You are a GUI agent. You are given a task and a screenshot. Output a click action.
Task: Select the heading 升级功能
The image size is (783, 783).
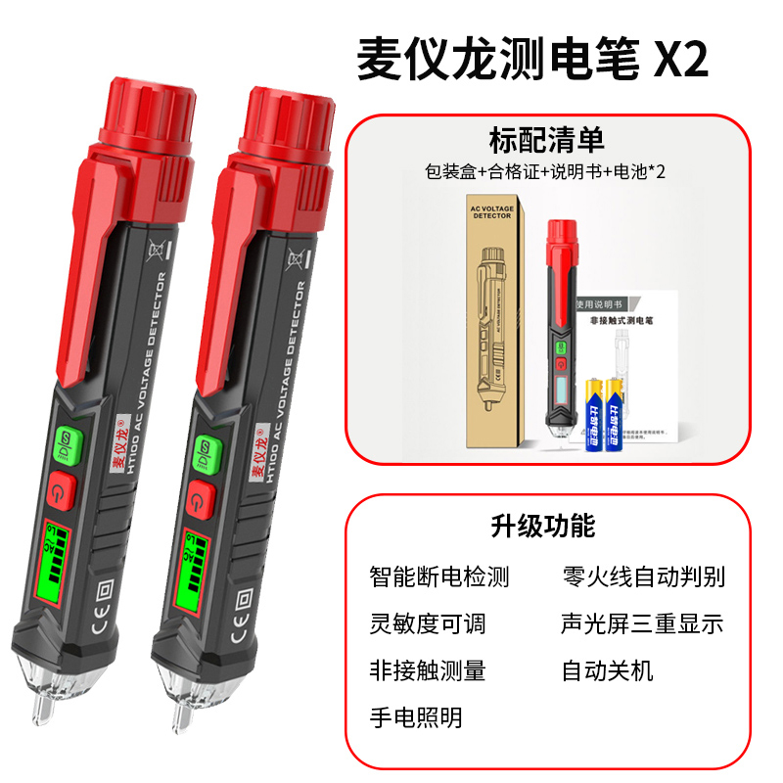(542, 526)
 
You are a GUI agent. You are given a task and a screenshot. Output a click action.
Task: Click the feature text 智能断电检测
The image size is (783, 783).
(439, 576)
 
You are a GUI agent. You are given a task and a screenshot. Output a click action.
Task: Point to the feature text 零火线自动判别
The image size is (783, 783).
(643, 576)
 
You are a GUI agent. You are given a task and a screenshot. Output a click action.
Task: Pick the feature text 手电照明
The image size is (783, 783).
(415, 717)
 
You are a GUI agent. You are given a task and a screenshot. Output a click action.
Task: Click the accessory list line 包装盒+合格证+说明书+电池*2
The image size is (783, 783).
(546, 171)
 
